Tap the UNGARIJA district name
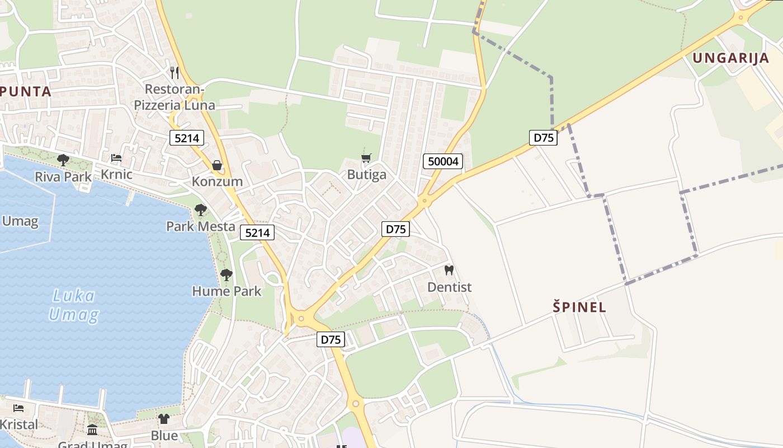[x=730, y=58]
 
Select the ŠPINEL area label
[x=579, y=307]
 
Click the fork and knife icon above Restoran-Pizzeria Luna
[x=174, y=72]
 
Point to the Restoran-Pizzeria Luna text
[x=174, y=97]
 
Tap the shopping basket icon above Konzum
[x=217, y=165]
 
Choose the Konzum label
[x=217, y=181]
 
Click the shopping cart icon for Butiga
[x=366, y=158]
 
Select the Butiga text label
[x=366, y=175]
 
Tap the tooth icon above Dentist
[x=449, y=270]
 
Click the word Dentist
[x=449, y=287]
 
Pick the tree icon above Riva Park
[x=63, y=160]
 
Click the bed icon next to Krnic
[x=116, y=158]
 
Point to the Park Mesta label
[x=200, y=226]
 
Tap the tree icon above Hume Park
[x=226, y=274]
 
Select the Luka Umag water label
[x=73, y=305]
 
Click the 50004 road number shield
[x=443, y=162]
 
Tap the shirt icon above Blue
[x=163, y=418]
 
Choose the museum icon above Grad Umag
[x=92, y=430]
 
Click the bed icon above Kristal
[x=18, y=408]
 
